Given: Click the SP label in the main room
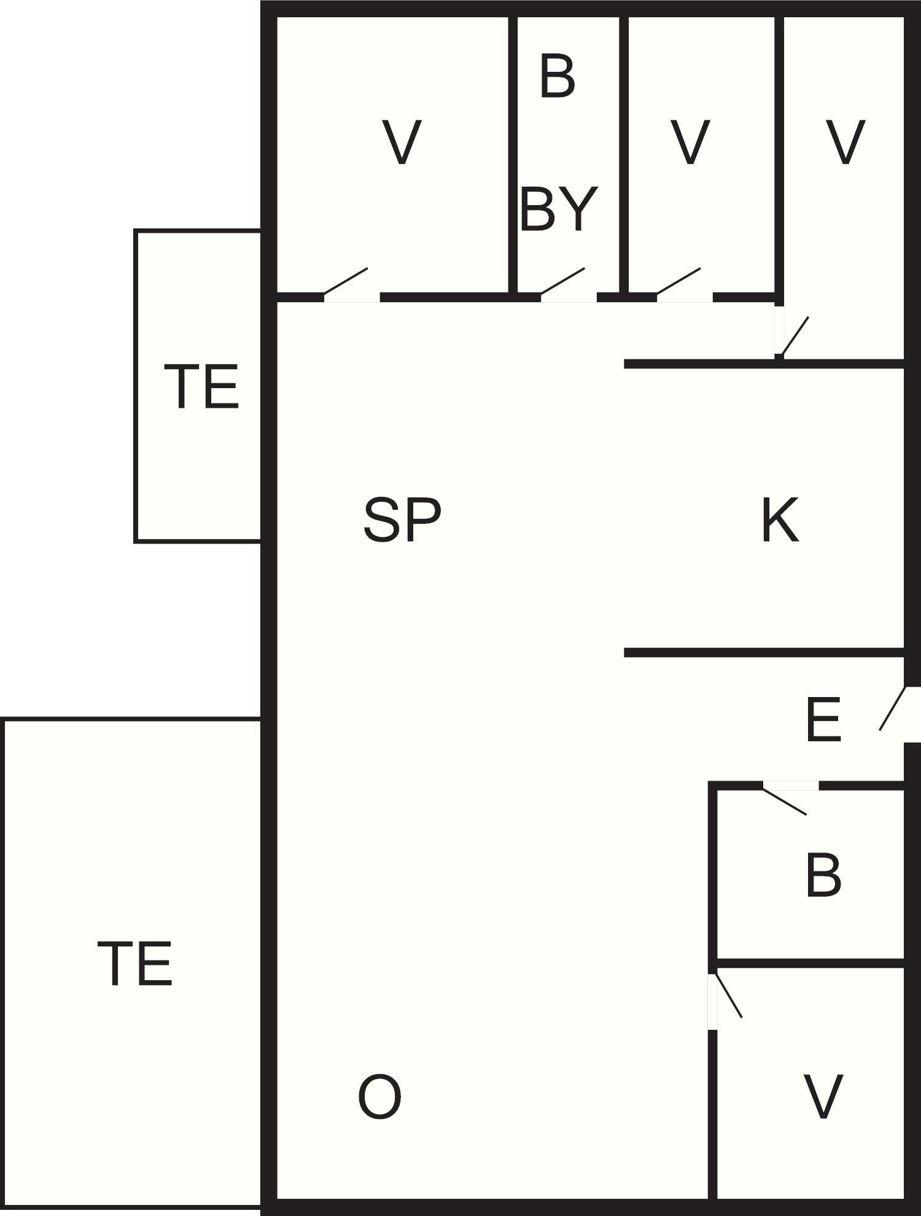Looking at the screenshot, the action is (x=402, y=520).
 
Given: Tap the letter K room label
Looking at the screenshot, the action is (x=780, y=520).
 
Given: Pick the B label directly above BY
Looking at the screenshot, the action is (x=558, y=77).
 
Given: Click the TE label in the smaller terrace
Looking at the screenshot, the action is (x=201, y=386).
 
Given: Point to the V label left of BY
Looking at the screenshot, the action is (x=402, y=142).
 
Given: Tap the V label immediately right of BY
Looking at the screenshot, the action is (x=691, y=142).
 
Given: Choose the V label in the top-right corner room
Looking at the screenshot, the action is (x=845, y=142).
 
